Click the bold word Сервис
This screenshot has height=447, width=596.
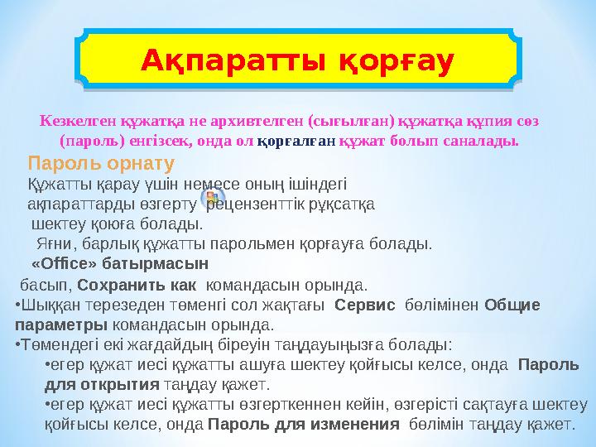363,305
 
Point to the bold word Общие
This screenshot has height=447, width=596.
512,305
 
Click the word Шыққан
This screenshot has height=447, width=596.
49,305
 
